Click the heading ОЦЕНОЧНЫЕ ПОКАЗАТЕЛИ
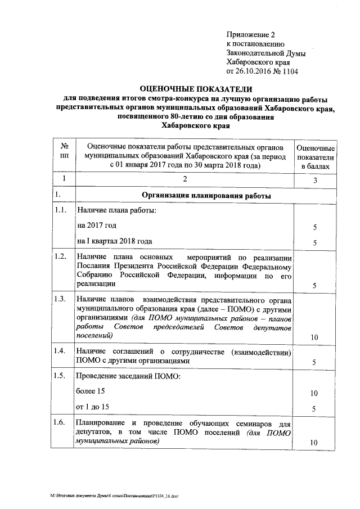pos(196,89)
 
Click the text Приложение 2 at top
pos(247,35)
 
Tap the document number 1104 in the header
pos(289,71)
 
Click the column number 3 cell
pos(315,181)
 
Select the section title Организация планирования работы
pos(206,196)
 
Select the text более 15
pos(91,390)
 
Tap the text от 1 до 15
pos(93,406)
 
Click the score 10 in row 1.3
pos(314,337)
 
